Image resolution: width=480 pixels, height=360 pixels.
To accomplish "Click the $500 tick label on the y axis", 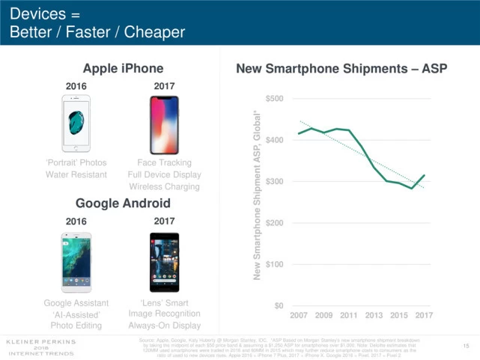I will coord(274,99).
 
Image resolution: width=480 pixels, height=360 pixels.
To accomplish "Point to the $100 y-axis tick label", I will coord(274,264).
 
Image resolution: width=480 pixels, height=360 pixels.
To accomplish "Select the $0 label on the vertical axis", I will coord(278,305).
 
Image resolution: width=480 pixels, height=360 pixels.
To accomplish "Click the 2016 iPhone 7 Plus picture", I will coord(76,123).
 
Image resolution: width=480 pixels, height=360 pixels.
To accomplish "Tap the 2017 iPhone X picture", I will coord(165,124).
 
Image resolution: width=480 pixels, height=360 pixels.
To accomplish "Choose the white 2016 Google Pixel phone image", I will coord(76,263).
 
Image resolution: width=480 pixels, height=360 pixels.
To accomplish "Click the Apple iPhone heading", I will coord(123,69).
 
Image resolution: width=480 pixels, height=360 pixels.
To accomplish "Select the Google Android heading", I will coord(123,204).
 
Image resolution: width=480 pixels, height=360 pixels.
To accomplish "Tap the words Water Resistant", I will coord(75,174).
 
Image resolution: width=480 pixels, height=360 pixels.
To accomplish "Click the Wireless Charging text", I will coord(165,186).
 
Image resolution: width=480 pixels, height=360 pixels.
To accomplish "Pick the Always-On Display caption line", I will coord(165,326).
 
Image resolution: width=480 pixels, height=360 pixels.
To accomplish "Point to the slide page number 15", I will coord(465,345).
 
